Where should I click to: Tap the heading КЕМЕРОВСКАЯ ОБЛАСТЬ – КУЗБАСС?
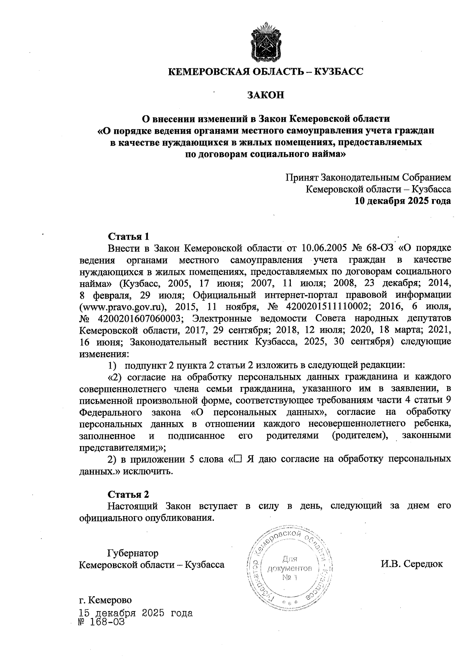point(266,71)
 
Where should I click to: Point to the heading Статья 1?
point(129,237)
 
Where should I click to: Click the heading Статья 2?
point(129,494)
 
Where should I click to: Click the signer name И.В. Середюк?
point(411,564)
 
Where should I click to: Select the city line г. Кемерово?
point(106,600)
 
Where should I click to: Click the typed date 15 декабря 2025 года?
point(136,613)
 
